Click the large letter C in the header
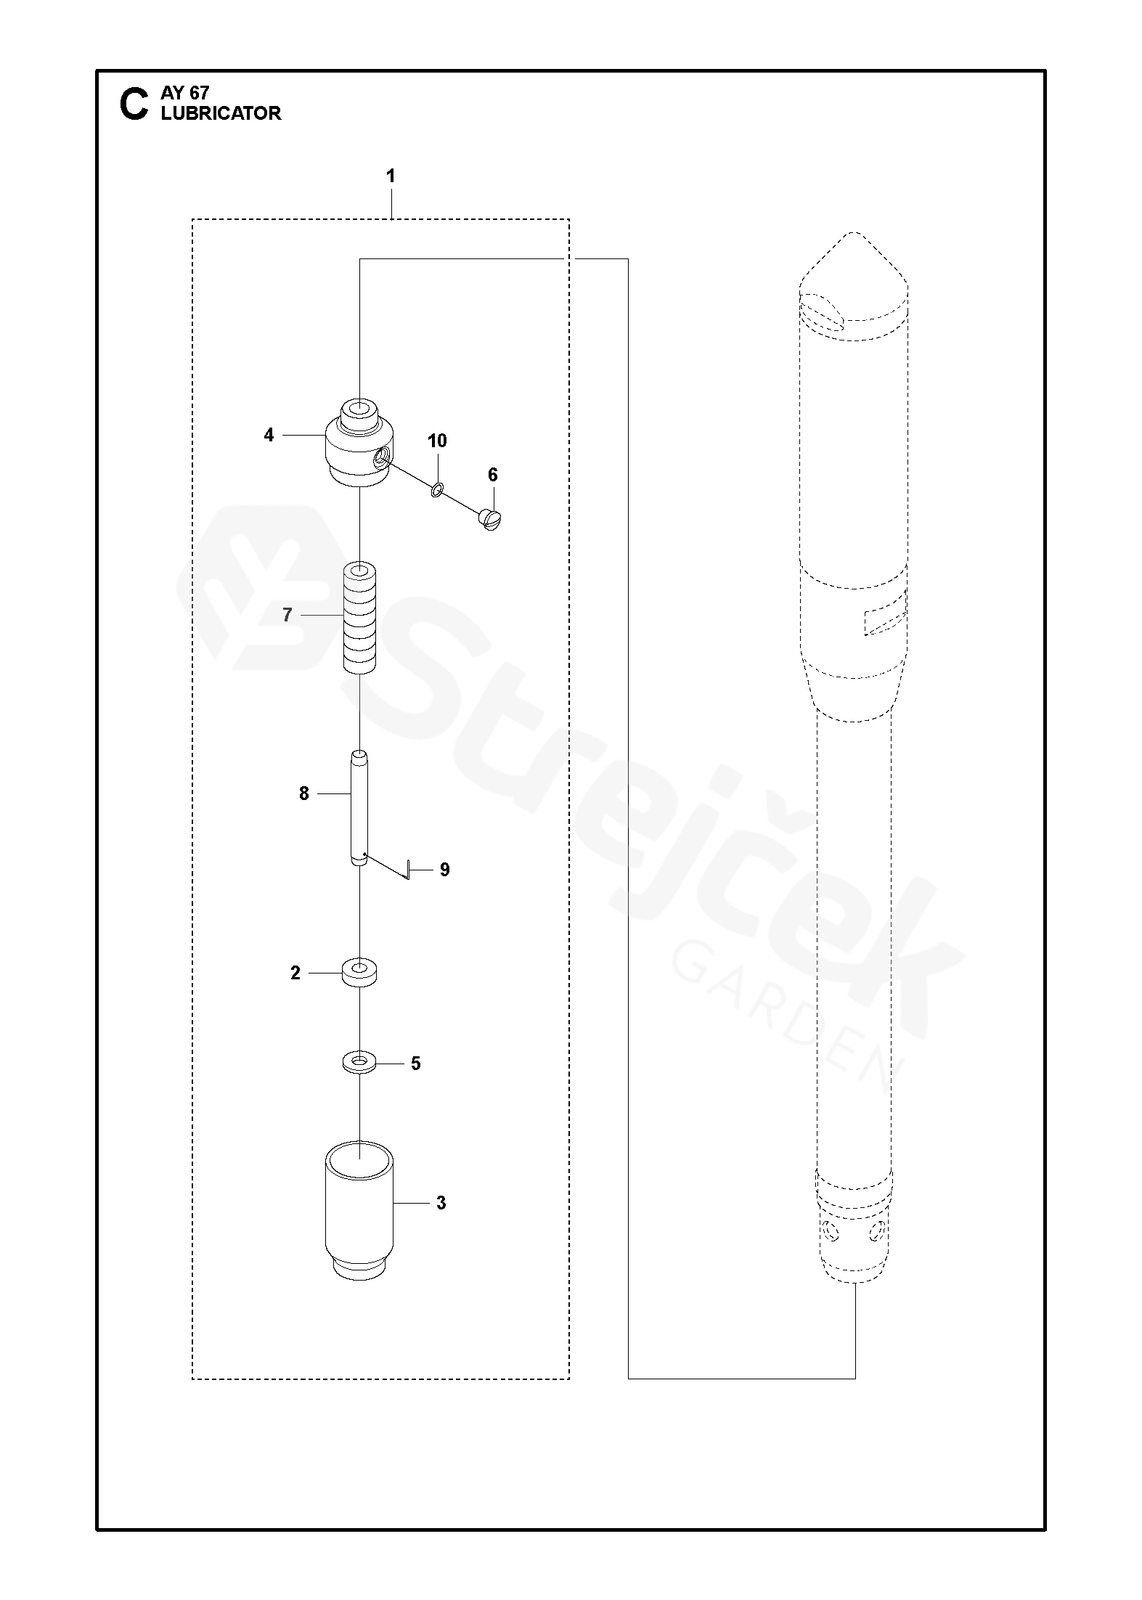coord(134,104)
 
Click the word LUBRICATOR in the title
coord(221,113)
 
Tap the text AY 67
coord(185,93)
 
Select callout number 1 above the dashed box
coord(391,176)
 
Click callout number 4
coord(269,435)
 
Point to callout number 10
coord(437,441)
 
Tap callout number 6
coord(493,475)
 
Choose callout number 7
coord(287,616)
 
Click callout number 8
coord(304,794)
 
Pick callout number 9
coord(445,870)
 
